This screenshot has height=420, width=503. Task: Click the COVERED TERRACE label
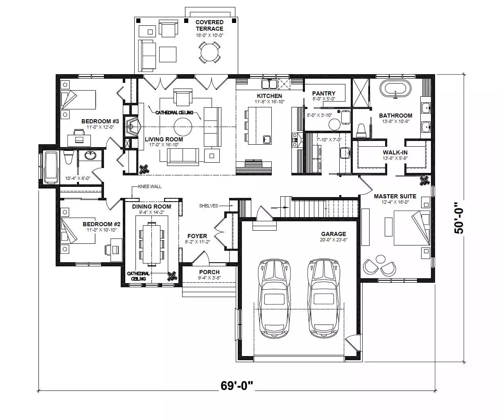pyautogui.click(x=209, y=25)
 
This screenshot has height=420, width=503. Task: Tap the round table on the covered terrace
pyautogui.click(x=210, y=52)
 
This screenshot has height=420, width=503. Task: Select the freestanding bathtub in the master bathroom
pyautogui.click(x=395, y=89)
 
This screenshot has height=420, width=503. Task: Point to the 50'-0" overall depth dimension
pyautogui.click(x=459, y=218)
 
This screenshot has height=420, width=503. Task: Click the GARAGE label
pyautogui.click(x=334, y=234)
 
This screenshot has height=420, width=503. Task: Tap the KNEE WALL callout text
pyautogui.click(x=150, y=186)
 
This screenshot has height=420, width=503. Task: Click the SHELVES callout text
pyautogui.click(x=208, y=206)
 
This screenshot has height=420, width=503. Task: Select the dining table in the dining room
pyautogui.click(x=151, y=244)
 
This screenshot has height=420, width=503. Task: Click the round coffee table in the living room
pyautogui.click(x=183, y=127)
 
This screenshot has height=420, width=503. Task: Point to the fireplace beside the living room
pyautogui.click(x=132, y=127)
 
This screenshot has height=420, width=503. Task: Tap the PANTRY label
pyautogui.click(x=324, y=93)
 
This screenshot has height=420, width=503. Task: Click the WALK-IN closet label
pyautogui.click(x=395, y=152)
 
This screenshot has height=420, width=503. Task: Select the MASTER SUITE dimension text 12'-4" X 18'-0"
pyautogui.click(x=395, y=202)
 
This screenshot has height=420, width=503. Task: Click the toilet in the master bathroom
pyautogui.click(x=361, y=130)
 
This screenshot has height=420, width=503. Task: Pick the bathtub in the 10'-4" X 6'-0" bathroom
pyautogui.click(x=51, y=168)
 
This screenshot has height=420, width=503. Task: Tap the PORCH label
pyautogui.click(x=209, y=272)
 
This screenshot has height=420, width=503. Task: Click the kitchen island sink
pyautogui.click(x=267, y=139)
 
